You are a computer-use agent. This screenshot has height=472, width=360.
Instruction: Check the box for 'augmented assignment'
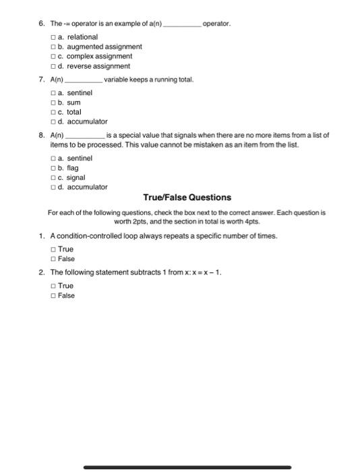click(x=53, y=47)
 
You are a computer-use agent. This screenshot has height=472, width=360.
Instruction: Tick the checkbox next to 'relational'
click(x=53, y=37)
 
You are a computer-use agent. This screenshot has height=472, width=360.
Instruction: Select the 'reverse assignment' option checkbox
click(x=53, y=67)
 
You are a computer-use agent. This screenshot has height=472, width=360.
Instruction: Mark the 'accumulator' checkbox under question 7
click(x=53, y=122)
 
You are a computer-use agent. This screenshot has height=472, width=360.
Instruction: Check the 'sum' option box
click(x=53, y=102)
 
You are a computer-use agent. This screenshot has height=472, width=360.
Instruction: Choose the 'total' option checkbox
click(x=53, y=112)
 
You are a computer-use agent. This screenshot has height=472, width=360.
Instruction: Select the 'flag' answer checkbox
click(x=53, y=168)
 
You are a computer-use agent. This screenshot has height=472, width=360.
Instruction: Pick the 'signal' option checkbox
click(x=53, y=177)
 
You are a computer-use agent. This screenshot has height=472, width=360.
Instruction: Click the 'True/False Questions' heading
click(x=187, y=198)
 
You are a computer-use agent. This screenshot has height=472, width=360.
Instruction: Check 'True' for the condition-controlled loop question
click(x=53, y=249)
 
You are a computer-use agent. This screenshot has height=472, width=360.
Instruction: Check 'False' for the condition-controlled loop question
click(x=53, y=259)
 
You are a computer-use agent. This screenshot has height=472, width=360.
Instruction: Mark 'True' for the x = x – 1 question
click(x=53, y=286)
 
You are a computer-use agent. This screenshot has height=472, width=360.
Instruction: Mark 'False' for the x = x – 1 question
click(x=53, y=296)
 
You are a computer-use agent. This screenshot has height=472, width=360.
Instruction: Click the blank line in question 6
click(x=182, y=25)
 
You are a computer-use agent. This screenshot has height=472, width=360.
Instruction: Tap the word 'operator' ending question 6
click(x=216, y=23)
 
